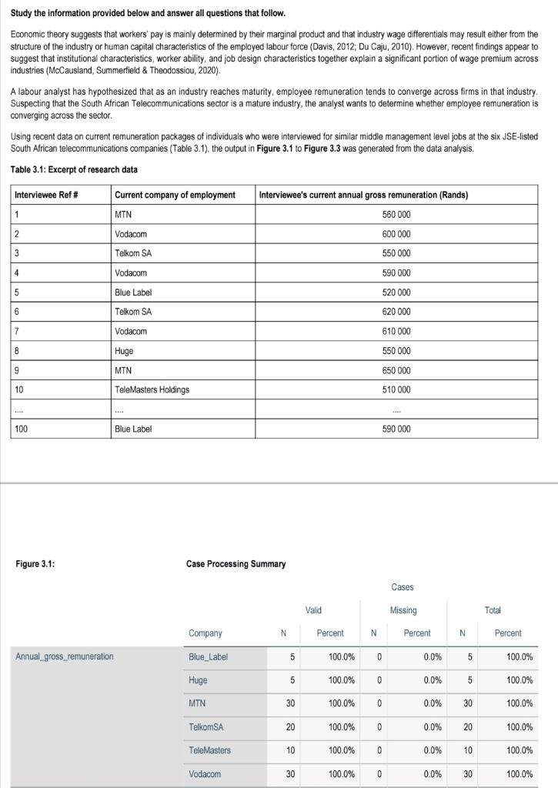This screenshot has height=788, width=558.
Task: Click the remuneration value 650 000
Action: tap(396, 370)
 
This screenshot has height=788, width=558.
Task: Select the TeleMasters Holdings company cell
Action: tap(152, 389)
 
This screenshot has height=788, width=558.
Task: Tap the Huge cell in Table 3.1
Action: tap(124, 351)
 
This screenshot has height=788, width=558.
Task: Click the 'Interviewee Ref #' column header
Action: tap(45, 195)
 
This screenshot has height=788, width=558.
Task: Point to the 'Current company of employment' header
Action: tap(175, 195)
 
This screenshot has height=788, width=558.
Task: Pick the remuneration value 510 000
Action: tap(396, 389)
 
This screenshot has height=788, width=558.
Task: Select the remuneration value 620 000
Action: tap(396, 312)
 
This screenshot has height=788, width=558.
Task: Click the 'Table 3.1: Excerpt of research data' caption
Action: tap(74, 169)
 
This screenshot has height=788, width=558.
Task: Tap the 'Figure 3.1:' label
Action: tap(35, 564)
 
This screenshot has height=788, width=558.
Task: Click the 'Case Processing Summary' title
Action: tap(236, 564)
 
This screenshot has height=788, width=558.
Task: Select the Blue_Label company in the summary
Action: tap(209, 657)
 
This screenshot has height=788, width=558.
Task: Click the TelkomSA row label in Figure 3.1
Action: tap(205, 727)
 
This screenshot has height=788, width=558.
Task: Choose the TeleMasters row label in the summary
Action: tap(209, 750)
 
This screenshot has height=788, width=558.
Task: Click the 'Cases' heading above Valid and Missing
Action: tap(402, 587)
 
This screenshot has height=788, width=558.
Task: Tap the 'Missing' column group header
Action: tap(403, 610)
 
